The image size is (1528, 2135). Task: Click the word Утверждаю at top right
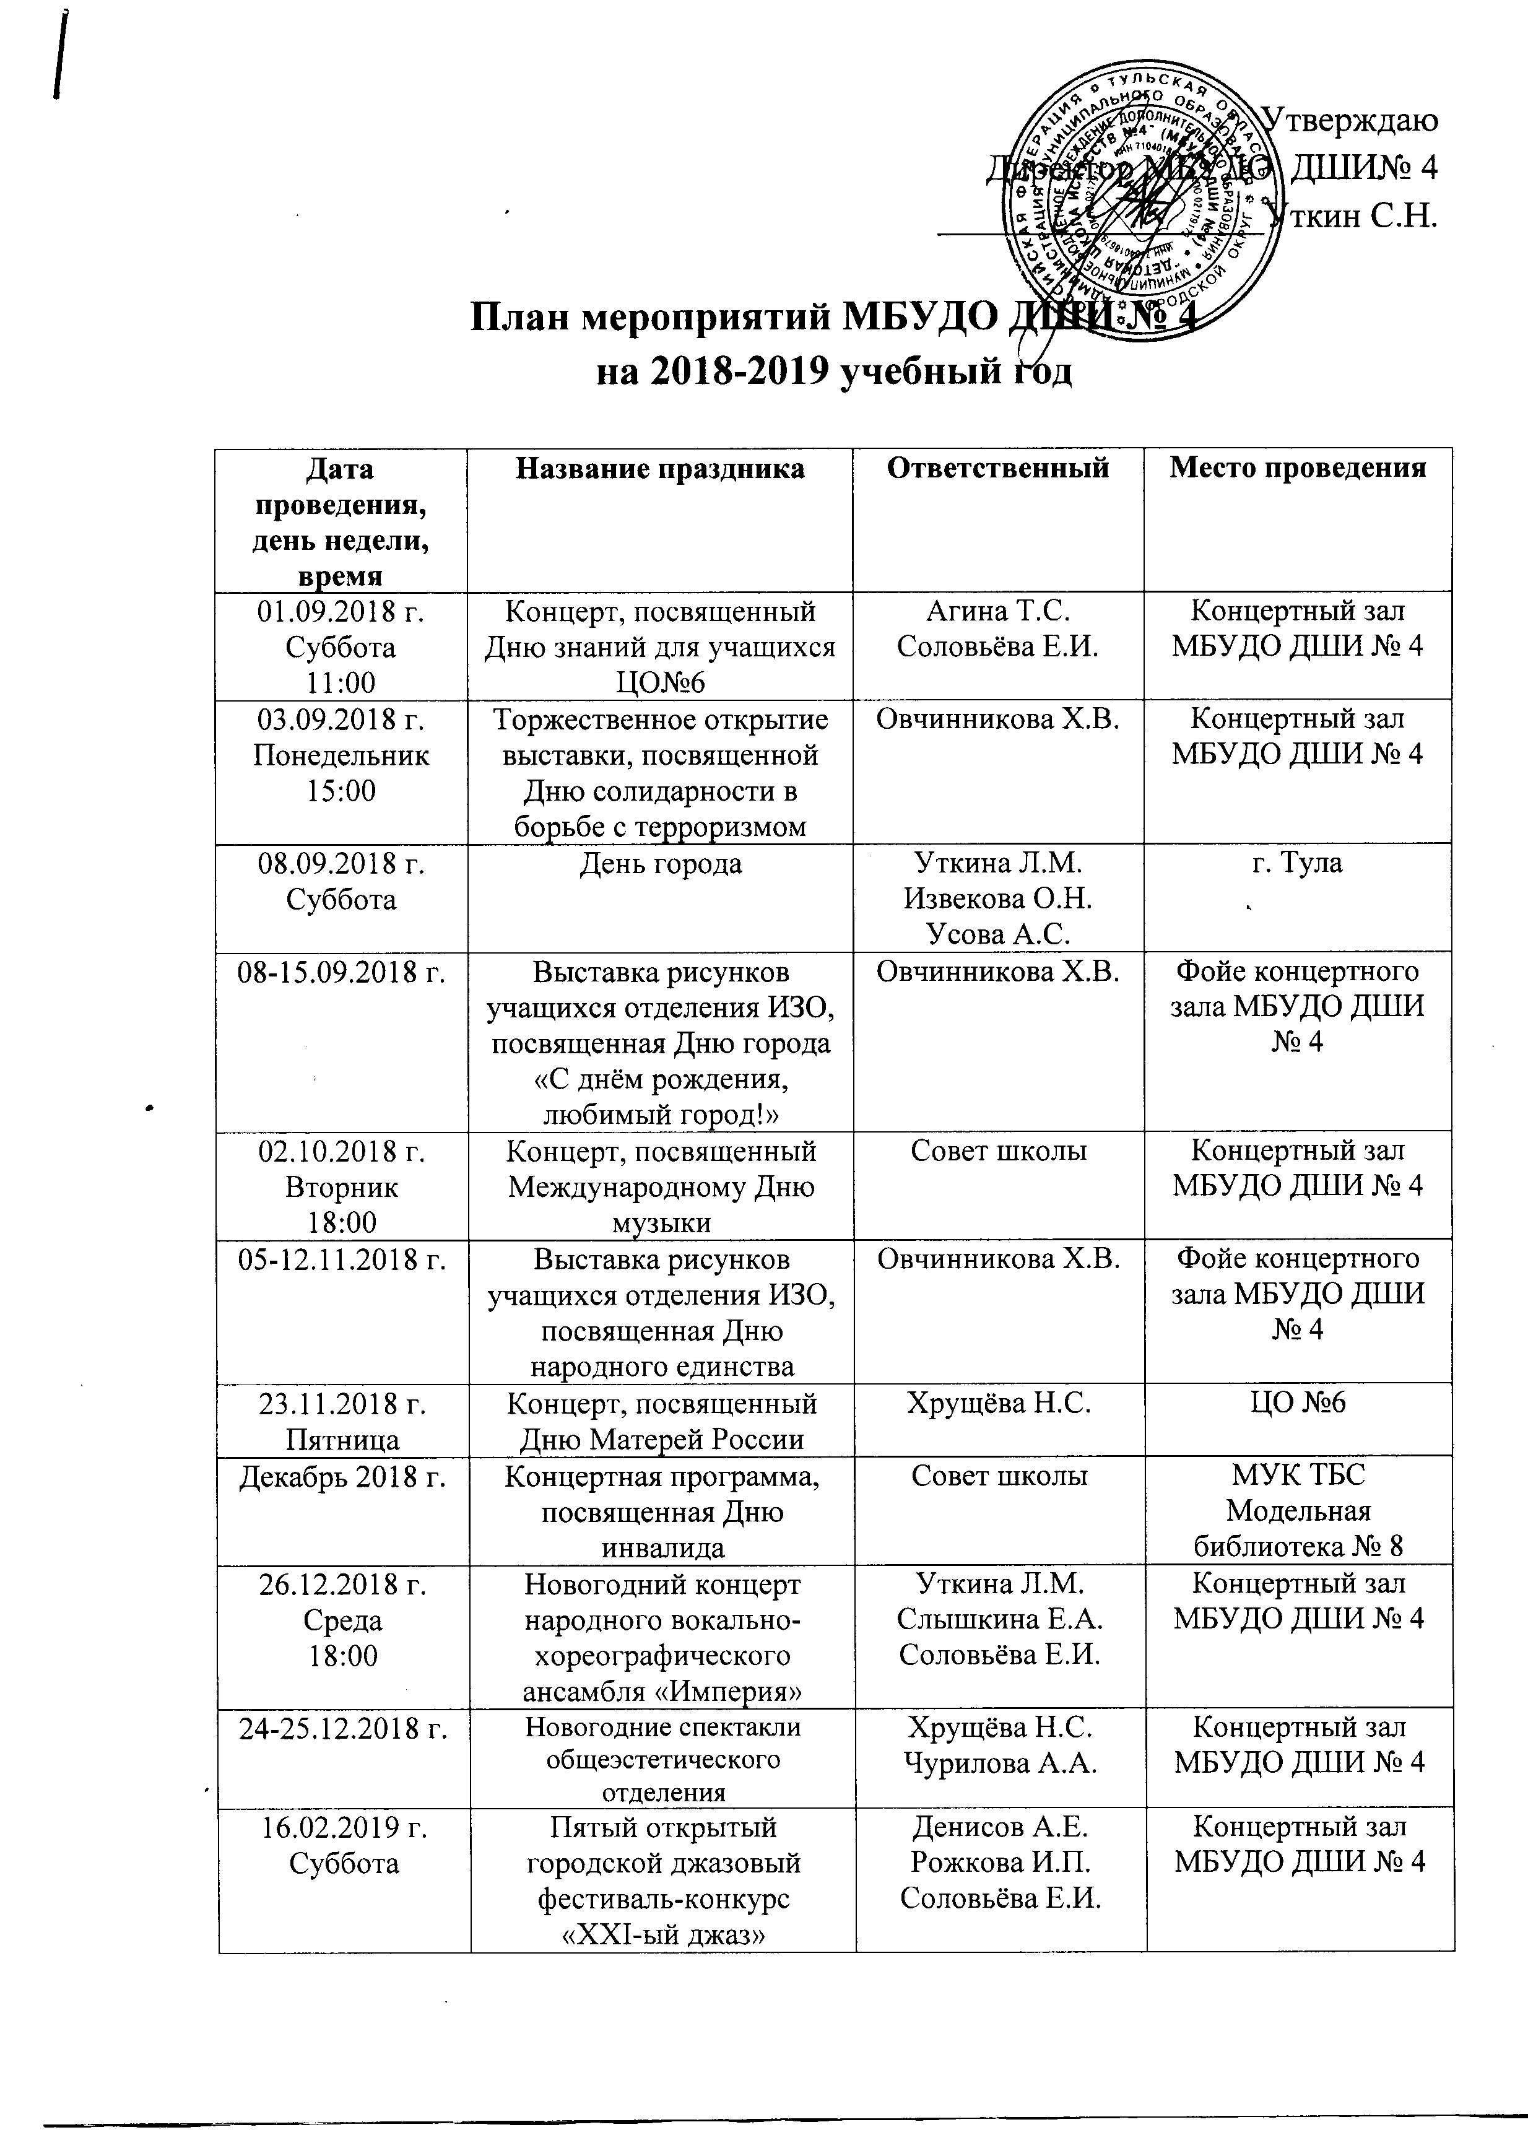pyautogui.click(x=1347, y=121)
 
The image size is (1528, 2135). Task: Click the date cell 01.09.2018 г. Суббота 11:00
pyautogui.click(x=342, y=646)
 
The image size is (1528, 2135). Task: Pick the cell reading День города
pyautogui.click(x=661, y=863)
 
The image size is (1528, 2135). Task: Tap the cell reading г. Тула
pyautogui.click(x=1298, y=863)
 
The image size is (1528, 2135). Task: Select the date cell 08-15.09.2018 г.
pyautogui.click(x=342, y=971)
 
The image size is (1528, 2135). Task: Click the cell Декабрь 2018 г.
pyautogui.click(x=342, y=1476)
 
